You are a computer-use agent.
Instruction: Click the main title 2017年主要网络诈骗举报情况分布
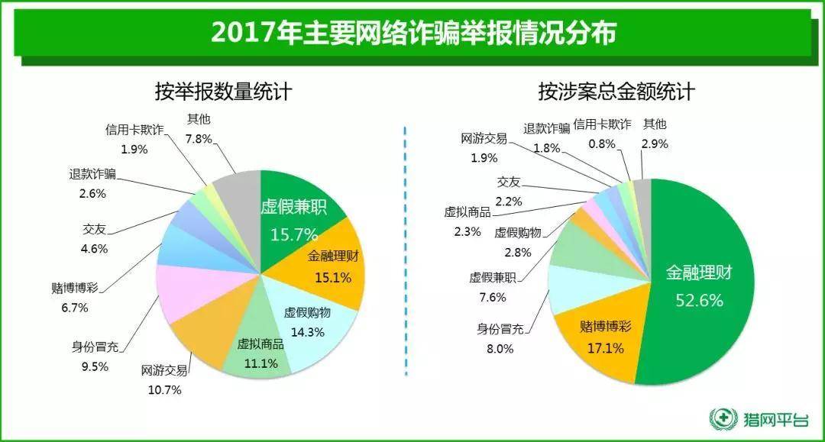click(412, 33)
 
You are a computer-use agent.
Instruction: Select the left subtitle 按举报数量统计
click(223, 92)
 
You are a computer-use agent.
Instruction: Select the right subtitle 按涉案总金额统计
click(616, 92)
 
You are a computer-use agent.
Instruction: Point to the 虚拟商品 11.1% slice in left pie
click(260, 351)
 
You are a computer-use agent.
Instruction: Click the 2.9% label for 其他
click(655, 143)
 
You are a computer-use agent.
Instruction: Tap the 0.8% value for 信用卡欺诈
click(601, 143)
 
